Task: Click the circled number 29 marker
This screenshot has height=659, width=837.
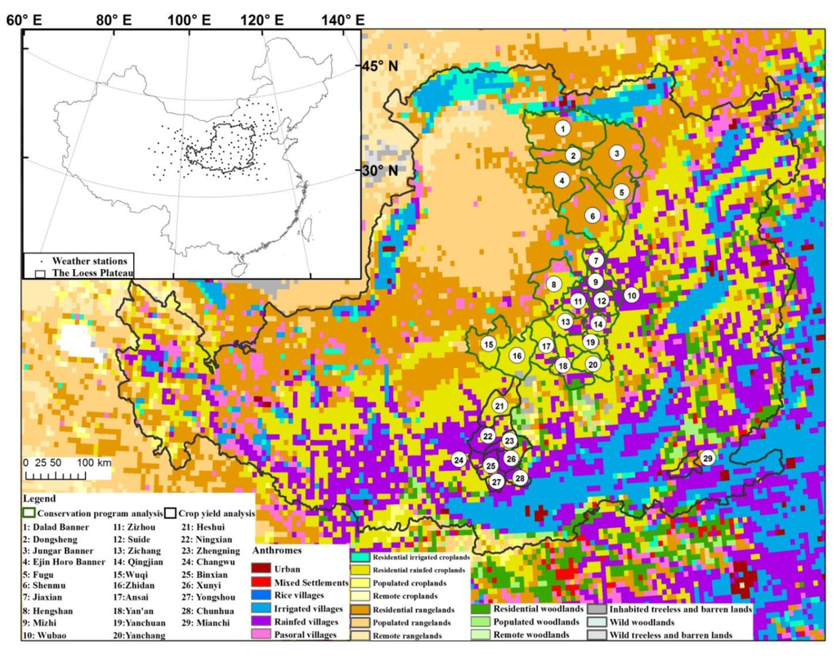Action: pos(708,458)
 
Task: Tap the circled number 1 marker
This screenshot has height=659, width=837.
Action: pos(562,128)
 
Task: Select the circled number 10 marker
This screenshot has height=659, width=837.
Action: pos(631,294)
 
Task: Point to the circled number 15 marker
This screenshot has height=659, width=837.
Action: pos(488,345)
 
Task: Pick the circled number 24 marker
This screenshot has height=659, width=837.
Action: pos(459,461)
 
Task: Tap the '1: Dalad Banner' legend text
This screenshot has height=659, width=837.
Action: pos(58,527)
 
